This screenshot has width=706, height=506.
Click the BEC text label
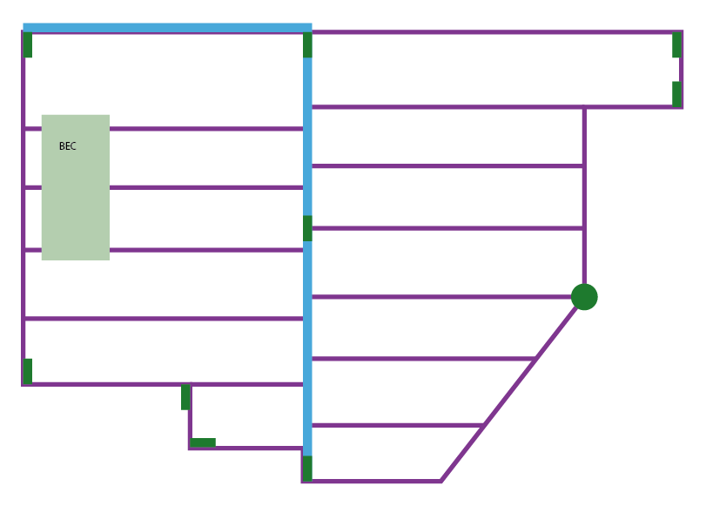click(67, 146)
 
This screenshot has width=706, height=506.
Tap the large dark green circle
click(584, 297)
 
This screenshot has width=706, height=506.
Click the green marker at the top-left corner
click(28, 45)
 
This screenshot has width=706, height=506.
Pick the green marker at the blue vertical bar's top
click(307, 45)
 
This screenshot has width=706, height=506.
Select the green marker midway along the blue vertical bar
click(307, 228)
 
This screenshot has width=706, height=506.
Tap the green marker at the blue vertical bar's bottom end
click(307, 468)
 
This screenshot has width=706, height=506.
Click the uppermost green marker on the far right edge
click(676, 45)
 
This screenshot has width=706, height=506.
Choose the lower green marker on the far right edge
click(676, 94)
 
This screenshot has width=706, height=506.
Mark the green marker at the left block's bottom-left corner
click(28, 371)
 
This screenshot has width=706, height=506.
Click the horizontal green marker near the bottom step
click(203, 442)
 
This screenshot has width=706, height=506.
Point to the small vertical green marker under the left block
click(185, 397)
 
